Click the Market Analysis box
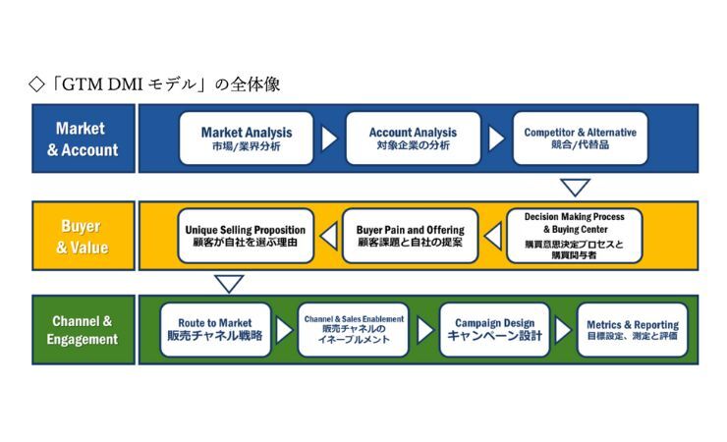point(247,138)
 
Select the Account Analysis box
point(413,138)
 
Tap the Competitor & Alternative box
point(580,138)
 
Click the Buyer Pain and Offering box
point(410,236)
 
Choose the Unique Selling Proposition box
point(247,236)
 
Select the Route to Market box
point(214,329)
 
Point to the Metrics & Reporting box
point(632,329)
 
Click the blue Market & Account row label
point(83,139)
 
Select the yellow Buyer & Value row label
point(83,236)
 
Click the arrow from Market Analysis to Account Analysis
point(329,138)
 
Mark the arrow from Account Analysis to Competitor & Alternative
point(496,138)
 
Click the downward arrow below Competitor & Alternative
point(575,187)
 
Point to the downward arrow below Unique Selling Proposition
point(228,283)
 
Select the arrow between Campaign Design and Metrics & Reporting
point(563,329)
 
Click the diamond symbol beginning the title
point(37,84)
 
